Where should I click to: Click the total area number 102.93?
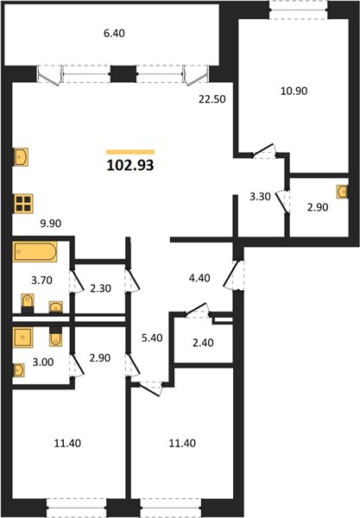coord(130,165)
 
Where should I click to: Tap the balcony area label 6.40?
coord(114,34)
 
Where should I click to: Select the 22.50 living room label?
coord(212,98)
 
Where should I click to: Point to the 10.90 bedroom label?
coord(294,91)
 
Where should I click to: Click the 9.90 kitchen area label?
coord(51,224)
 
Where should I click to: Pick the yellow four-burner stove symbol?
coord(23,204)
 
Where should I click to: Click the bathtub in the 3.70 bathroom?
coord(35,252)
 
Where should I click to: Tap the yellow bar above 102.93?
coord(130,152)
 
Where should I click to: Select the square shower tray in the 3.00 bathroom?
coord(22,338)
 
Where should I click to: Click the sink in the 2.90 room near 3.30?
coord(343,192)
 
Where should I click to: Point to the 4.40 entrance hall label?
coord(199,278)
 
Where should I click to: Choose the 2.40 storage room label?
coord(203,343)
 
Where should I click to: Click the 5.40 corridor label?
coord(152,338)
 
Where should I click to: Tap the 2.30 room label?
coord(100,288)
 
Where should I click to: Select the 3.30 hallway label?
coord(260,197)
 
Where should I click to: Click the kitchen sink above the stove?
coord(21,157)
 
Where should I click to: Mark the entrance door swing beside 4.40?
coord(234,275)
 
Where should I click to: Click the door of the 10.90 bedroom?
coord(264,151)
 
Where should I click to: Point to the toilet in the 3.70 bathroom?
coord(28,303)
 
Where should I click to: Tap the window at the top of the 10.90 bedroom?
coord(299,9)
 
